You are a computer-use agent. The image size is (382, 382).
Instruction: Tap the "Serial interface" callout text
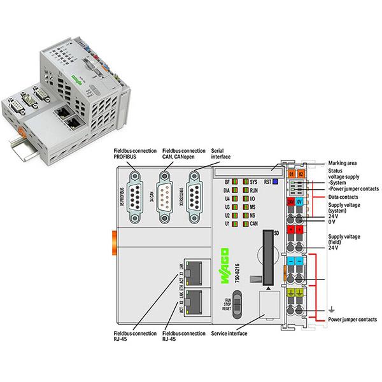coord(220,153)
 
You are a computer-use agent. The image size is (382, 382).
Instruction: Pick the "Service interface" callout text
coord(229,333)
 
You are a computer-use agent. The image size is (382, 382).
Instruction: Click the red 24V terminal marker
coord(290,201)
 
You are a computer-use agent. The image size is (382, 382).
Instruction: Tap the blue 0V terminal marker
coord(300,201)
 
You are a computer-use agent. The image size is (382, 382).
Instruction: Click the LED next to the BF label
coord(234,182)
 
